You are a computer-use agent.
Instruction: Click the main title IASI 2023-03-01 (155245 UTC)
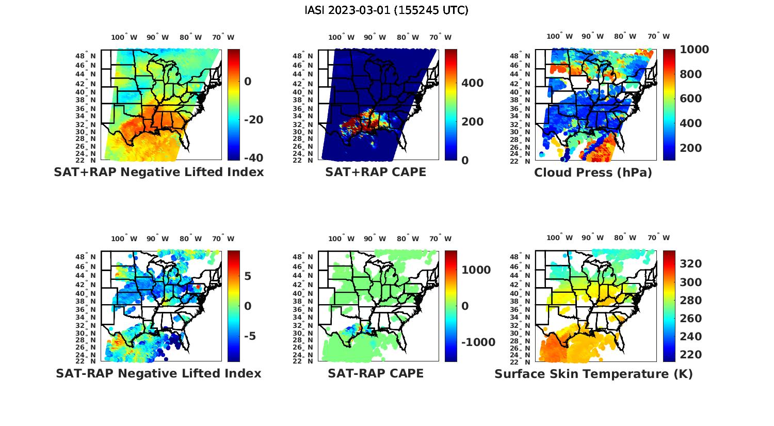click(x=386, y=10)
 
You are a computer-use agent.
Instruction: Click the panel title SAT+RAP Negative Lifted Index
click(x=159, y=172)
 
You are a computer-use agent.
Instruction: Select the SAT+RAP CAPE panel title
click(x=376, y=172)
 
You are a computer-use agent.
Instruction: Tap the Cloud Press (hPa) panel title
click(x=593, y=172)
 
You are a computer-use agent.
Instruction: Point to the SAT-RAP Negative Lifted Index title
click(x=159, y=373)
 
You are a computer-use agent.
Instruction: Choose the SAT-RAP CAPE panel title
click(x=376, y=373)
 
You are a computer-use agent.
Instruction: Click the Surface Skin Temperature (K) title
click(x=593, y=374)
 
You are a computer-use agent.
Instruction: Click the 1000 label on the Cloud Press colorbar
click(x=694, y=50)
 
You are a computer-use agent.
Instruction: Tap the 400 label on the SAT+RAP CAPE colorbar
click(x=472, y=83)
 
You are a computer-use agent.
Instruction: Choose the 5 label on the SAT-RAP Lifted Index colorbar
click(x=248, y=276)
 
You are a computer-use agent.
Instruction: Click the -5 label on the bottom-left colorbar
click(x=250, y=336)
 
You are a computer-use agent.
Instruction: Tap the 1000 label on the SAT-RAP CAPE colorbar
click(x=476, y=270)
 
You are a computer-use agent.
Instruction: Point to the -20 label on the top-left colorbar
click(x=253, y=120)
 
